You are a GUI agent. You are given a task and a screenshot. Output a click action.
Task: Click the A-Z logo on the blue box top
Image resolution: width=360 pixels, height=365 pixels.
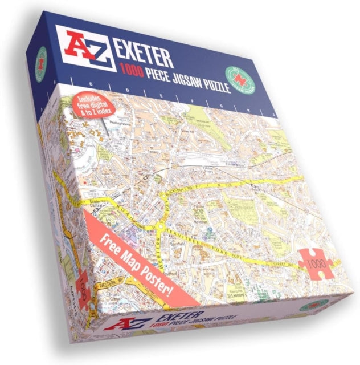click(85, 45)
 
